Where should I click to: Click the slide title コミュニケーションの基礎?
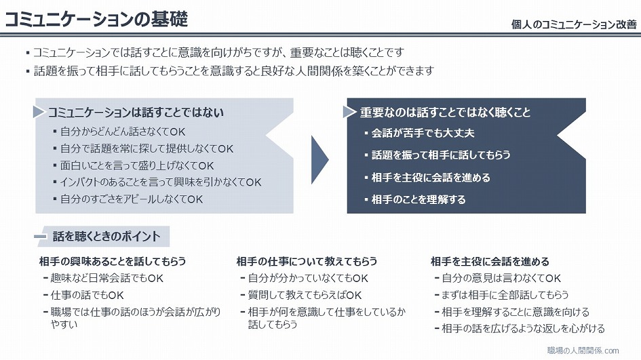[x=96, y=19]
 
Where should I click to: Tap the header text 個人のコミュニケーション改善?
[x=574, y=24]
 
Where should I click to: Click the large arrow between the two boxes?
[x=319, y=160]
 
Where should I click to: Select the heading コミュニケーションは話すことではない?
[x=136, y=113]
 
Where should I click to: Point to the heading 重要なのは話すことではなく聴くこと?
[x=445, y=113]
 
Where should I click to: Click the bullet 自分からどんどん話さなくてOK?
[x=123, y=132]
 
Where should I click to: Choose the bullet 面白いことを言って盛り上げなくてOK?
[x=137, y=165]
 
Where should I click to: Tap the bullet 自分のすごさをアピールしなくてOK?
[x=131, y=199]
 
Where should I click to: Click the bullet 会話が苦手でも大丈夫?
[x=423, y=133]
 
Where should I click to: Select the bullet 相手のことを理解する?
[x=419, y=199]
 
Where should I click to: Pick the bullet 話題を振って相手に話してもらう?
[x=441, y=155]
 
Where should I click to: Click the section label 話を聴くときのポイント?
[x=106, y=236]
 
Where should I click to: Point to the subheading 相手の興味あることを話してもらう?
[x=113, y=261]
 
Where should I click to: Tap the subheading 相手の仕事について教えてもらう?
[x=307, y=261]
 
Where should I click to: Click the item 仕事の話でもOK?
[x=87, y=295]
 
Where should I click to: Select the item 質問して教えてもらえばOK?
[x=305, y=295]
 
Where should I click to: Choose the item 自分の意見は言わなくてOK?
[x=501, y=278]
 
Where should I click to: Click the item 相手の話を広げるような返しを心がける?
[x=523, y=329]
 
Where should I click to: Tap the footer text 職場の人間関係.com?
[x=583, y=351]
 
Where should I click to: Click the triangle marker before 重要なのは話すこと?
[x=349, y=112]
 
